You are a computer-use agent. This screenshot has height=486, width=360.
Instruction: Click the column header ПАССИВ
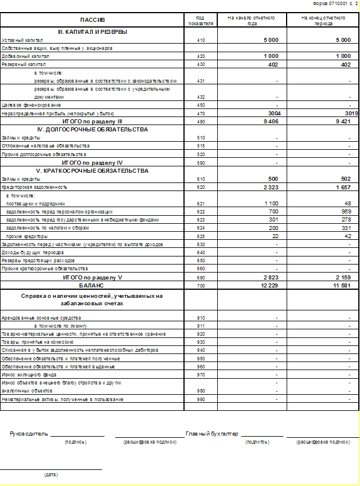point(92,20)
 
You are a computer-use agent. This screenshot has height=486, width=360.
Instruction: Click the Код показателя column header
point(200,20)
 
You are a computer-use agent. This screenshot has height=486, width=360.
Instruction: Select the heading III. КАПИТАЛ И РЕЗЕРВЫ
point(92,32)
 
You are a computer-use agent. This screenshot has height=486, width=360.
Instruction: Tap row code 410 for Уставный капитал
point(200,40)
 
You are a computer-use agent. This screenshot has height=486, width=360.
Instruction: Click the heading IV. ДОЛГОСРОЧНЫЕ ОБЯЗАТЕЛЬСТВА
point(92,130)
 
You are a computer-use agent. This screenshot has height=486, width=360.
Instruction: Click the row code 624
point(200,228)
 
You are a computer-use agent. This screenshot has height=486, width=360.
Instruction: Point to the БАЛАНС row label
point(92,285)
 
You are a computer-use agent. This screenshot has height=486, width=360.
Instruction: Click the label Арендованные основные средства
point(41,317)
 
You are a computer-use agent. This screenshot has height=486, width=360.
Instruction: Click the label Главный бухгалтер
point(212,434)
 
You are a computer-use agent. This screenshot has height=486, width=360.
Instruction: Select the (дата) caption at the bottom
point(51,475)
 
